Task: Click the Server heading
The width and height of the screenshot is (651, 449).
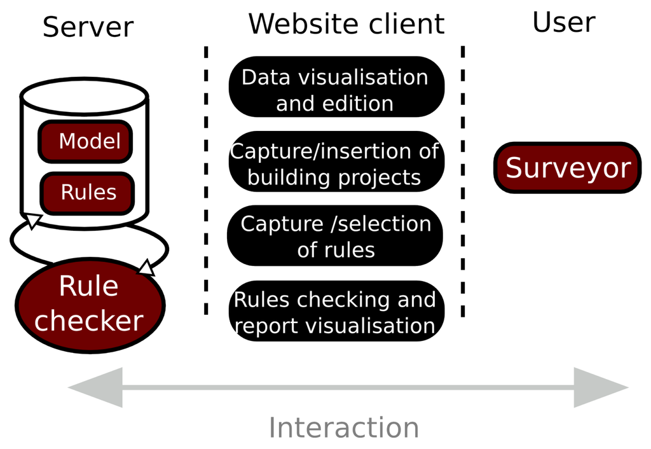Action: point(88,27)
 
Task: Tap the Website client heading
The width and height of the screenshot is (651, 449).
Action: point(346,24)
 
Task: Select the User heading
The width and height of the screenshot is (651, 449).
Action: point(563,22)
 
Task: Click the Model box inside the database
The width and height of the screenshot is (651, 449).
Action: point(86,141)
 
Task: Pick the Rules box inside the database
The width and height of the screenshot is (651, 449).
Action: point(88,193)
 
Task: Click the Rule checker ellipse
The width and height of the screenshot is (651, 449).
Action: point(89,305)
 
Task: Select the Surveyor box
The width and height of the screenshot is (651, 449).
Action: point(567,168)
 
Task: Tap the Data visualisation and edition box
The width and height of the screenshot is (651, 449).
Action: point(335,90)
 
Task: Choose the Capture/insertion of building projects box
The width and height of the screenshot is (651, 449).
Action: point(335,164)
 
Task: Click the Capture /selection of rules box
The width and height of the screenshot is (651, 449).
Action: point(335,237)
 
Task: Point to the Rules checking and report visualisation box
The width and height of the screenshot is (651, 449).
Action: point(335,312)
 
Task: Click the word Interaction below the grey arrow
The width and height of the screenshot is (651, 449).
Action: point(344,427)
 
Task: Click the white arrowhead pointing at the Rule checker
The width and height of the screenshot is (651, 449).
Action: point(147,267)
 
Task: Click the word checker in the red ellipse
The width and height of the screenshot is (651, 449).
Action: point(89,321)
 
